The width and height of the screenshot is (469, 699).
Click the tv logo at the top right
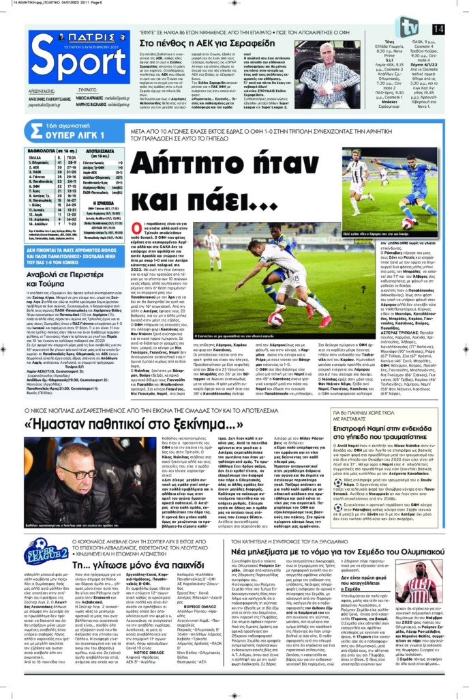(x=409, y=27)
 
